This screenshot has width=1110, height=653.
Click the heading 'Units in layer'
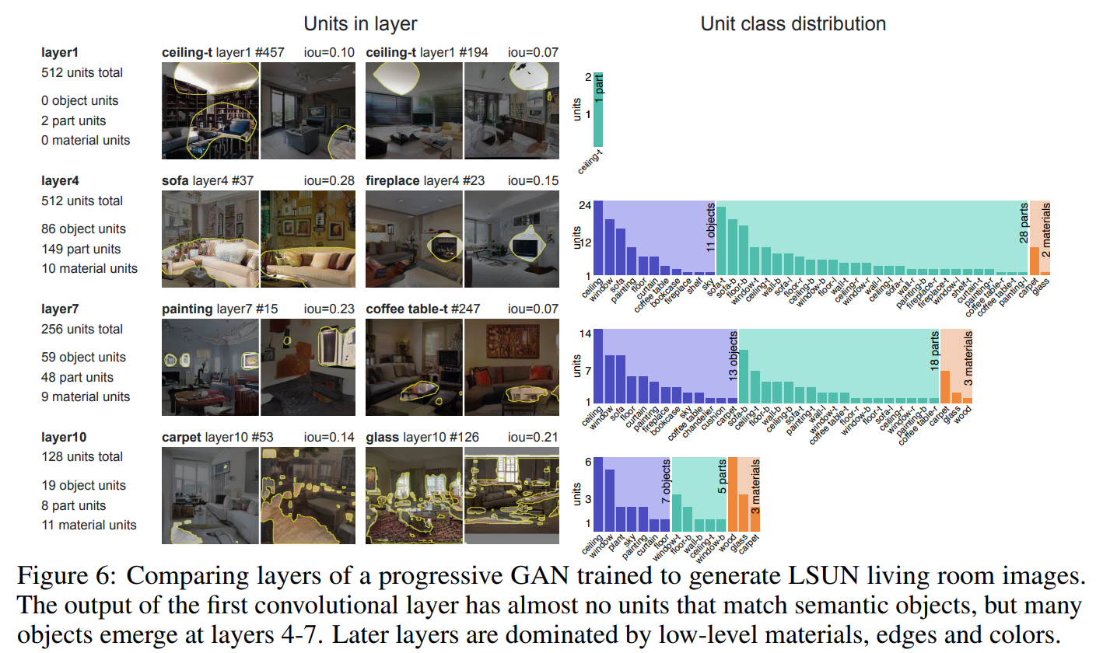tap(360, 23)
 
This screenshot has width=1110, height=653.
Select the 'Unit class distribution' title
tap(793, 23)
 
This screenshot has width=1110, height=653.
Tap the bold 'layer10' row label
tap(63, 437)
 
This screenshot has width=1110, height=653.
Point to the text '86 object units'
tap(83, 229)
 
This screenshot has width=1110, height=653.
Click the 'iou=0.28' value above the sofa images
tap(329, 181)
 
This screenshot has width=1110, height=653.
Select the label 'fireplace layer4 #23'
tap(425, 181)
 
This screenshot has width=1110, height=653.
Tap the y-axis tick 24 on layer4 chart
tap(587, 205)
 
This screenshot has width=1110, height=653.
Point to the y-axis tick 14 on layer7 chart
tap(587, 333)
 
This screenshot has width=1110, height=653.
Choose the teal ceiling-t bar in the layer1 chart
tap(598, 109)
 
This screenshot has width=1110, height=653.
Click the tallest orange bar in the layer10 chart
tap(732, 493)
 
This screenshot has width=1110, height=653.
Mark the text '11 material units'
tap(89, 525)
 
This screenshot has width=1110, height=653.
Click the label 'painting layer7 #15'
tap(219, 309)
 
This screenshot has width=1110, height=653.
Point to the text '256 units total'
tap(82, 329)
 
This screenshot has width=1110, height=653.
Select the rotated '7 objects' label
tap(665, 482)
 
